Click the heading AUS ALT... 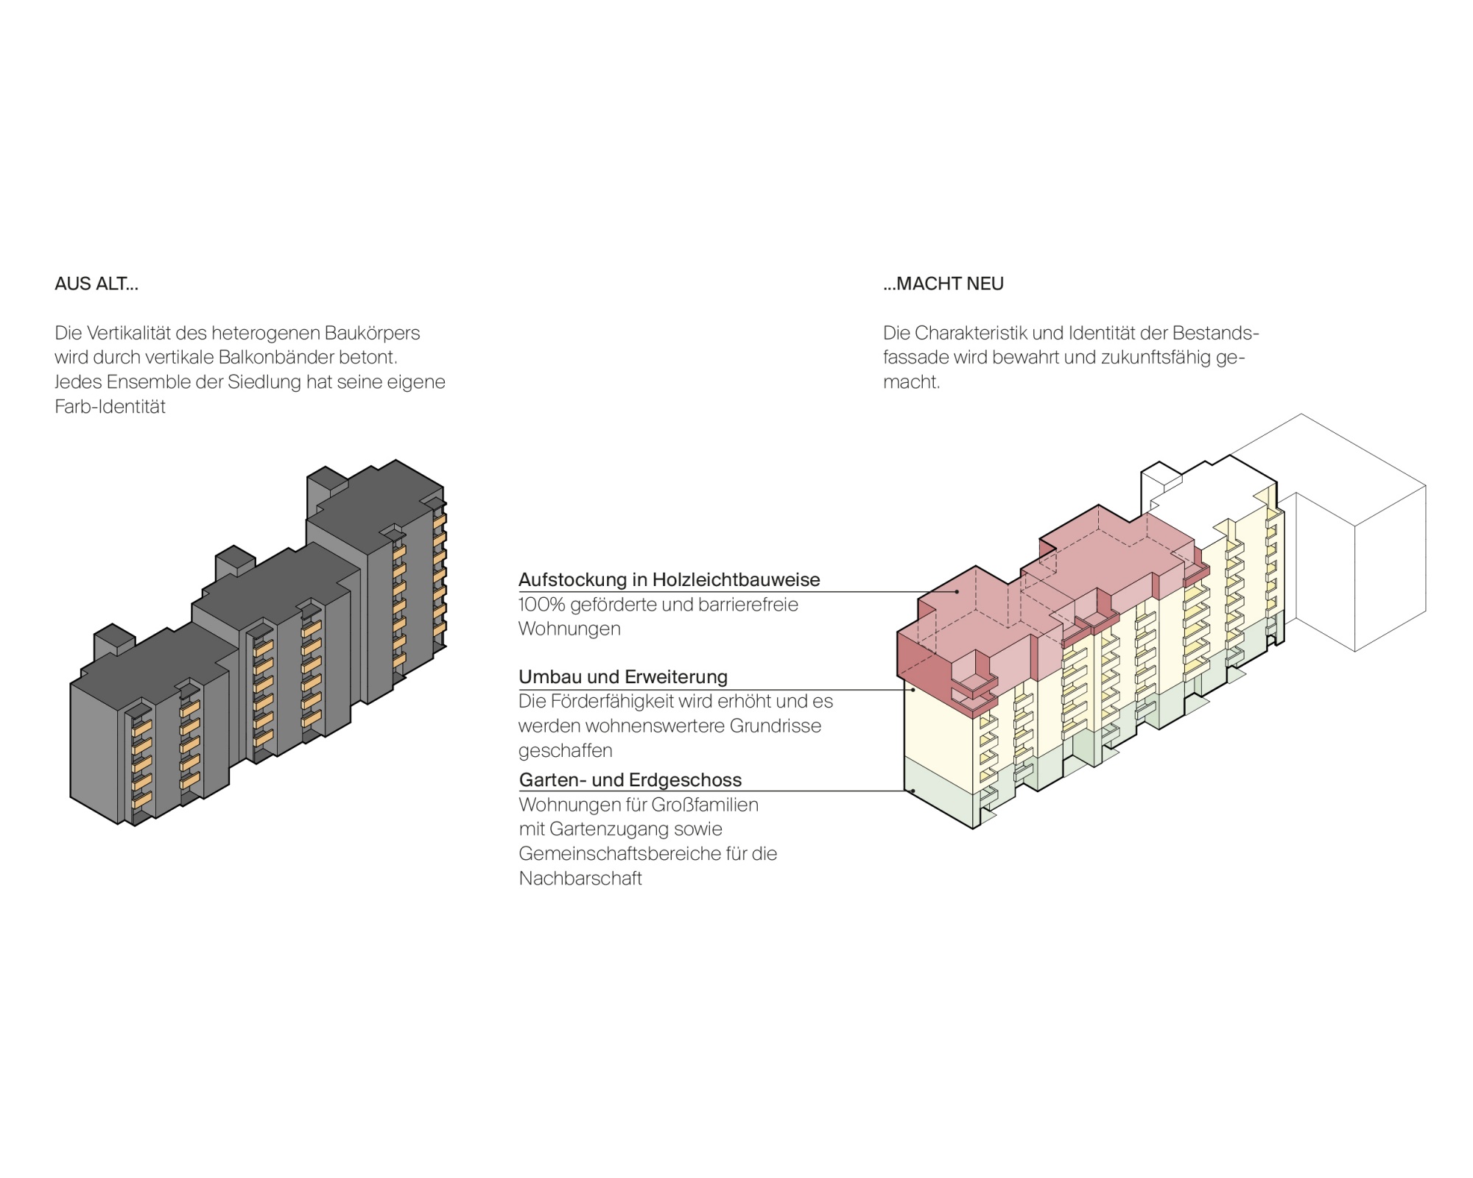(x=96, y=283)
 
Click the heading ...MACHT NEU (x=943, y=283)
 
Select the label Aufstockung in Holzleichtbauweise (x=669, y=579)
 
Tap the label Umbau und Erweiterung (x=623, y=677)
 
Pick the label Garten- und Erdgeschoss (x=630, y=780)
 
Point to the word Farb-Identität (x=110, y=406)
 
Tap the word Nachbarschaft (x=580, y=878)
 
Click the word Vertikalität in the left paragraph (x=128, y=333)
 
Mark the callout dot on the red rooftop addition (x=957, y=591)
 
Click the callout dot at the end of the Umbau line (x=913, y=690)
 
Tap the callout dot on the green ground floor (x=913, y=791)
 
